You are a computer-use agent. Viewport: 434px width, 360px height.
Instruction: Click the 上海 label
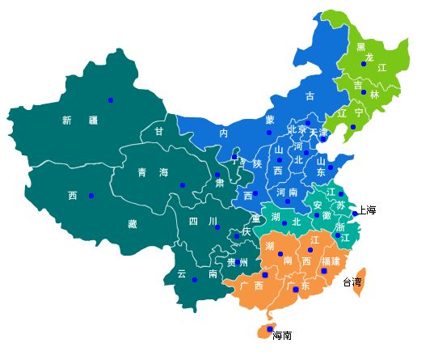[368, 210]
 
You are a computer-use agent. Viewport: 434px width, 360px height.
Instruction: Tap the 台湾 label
[352, 282]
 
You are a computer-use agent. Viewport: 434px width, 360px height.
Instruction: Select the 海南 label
[282, 335]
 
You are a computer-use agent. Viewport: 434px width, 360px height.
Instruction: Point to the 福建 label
[331, 261]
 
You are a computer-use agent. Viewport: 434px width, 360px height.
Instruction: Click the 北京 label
[297, 130]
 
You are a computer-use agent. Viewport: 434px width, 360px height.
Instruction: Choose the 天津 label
[318, 132]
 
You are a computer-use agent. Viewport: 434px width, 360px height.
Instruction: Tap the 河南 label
[288, 193]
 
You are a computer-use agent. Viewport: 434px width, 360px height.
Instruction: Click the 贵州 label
[238, 262]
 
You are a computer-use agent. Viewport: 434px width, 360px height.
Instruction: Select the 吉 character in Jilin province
[357, 85]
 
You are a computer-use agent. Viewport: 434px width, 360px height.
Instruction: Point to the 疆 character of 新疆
[93, 121]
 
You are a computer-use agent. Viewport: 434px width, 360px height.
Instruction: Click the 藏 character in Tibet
[132, 224]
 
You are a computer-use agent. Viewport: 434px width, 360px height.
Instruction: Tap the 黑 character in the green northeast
[361, 47]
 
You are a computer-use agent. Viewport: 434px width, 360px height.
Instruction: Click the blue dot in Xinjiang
[111, 100]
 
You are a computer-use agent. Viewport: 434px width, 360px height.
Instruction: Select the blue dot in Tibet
[91, 195]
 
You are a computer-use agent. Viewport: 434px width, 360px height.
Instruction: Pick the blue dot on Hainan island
[269, 329]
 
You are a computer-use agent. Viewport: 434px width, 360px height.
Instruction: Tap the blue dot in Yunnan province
[195, 280]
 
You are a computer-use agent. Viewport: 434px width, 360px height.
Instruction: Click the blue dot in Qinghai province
[183, 185]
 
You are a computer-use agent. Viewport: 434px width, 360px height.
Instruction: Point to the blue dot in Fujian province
[323, 271]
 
